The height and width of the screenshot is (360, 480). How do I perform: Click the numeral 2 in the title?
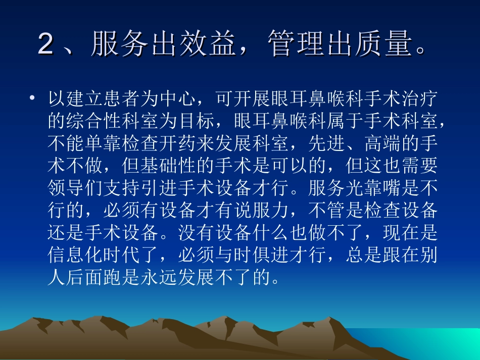coord(46,45)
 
